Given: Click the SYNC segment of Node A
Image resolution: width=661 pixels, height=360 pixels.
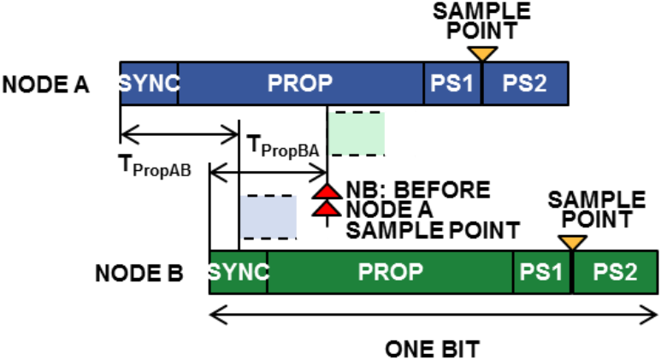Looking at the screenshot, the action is tap(149, 84).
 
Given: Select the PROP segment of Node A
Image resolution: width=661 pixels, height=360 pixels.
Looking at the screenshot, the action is tap(300, 84).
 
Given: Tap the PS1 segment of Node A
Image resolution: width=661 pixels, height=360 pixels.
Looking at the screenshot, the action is tap(451, 84).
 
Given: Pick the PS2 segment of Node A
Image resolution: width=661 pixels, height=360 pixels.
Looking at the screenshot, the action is tap(526, 84).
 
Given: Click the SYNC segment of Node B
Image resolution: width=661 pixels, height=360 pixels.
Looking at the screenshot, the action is tap(239, 272).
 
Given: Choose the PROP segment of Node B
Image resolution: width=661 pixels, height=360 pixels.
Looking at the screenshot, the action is tap(390, 272).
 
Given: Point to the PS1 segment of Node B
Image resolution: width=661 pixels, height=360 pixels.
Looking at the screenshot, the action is tap(541, 272).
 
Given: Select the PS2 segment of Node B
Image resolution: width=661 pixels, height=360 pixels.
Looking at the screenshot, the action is tap(616, 272).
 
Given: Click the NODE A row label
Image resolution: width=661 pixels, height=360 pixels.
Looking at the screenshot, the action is tap(46, 85).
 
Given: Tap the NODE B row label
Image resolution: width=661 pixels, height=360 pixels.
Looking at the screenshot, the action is tap(139, 273).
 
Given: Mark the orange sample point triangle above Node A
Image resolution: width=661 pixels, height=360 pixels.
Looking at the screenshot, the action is tap(482, 54).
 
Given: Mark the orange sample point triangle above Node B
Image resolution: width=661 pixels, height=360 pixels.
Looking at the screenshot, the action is tap(572, 242).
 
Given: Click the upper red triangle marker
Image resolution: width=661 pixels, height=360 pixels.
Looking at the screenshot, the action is tap(328, 191).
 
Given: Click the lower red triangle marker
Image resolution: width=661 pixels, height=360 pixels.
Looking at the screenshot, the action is tap(328, 209).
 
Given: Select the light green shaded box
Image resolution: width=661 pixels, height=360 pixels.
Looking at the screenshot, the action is tap(357, 133).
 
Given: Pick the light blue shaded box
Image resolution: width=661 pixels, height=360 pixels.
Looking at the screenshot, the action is tap(269, 217).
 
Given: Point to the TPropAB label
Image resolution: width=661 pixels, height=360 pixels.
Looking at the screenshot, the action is tap(155, 166).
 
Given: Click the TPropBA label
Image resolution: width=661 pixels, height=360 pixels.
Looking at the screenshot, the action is tap(284, 147).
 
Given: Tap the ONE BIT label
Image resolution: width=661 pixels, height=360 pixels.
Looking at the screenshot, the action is tap(433, 349).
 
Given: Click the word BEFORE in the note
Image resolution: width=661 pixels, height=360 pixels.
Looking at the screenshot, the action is tap(442, 190).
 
